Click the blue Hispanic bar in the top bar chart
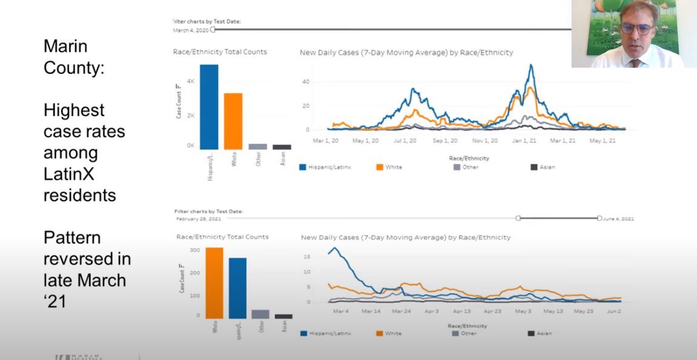pos(208,107)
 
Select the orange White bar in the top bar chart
pos(233,121)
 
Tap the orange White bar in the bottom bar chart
pos(214,282)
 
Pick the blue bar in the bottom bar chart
pos(238,288)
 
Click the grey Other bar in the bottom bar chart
pos(261,314)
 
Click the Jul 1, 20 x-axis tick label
pos(405,141)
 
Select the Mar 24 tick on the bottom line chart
pos(401,311)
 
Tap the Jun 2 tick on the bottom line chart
pos(614,311)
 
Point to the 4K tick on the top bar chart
pos(190,81)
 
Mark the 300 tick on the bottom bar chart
pos(194,250)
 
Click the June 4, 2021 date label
pos(619,219)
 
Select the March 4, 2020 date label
pos(190,30)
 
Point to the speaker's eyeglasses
pos(636,28)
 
